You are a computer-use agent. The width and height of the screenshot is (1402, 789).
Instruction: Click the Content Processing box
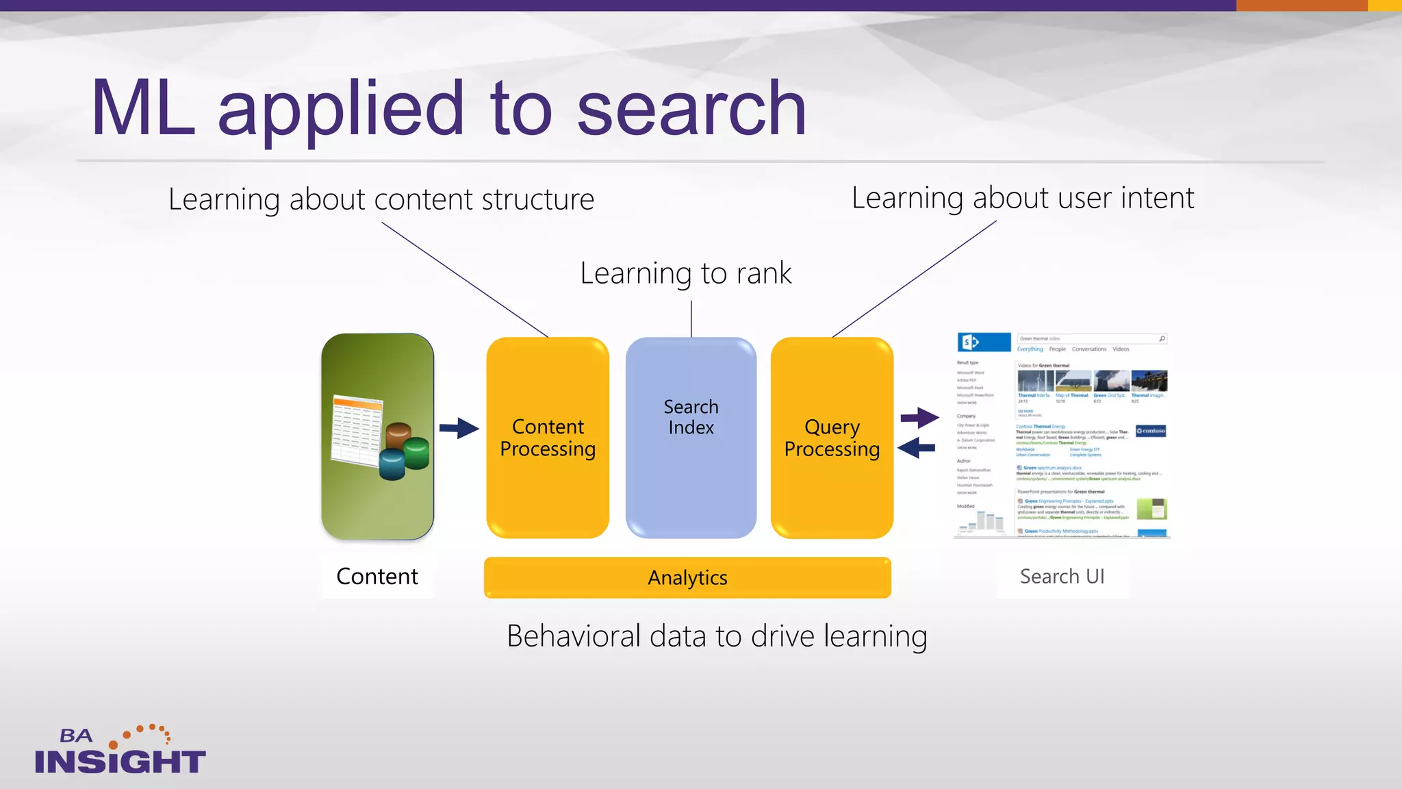(548, 438)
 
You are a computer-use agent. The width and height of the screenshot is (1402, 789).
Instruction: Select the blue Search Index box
(691, 438)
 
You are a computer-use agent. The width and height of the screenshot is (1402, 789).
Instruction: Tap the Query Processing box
(832, 438)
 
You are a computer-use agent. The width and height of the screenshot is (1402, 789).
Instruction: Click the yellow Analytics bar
(687, 577)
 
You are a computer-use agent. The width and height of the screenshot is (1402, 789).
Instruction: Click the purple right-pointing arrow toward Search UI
(919, 417)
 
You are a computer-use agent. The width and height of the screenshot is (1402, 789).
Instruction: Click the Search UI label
(1062, 577)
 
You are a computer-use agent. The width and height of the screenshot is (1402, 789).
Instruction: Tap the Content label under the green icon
(377, 577)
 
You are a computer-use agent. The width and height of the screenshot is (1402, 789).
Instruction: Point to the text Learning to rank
(685, 273)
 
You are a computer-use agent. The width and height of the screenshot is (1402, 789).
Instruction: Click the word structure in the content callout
(538, 199)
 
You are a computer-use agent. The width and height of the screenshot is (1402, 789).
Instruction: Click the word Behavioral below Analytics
(573, 636)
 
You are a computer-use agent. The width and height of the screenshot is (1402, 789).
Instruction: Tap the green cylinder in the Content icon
(416, 454)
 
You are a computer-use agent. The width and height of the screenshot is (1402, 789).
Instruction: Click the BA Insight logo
(120, 751)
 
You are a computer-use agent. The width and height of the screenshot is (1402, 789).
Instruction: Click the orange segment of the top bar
(1301, 5)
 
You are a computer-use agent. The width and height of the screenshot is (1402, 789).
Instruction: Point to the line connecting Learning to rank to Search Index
(691, 318)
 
